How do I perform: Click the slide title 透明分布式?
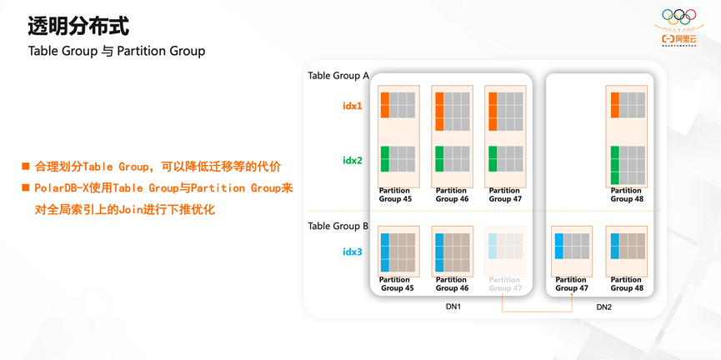78,26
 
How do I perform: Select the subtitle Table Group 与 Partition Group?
117,51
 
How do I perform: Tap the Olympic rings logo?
678,16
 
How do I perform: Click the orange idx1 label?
353,106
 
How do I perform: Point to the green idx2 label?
353,160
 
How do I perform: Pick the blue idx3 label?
353,252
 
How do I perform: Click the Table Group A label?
338,76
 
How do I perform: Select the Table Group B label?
338,226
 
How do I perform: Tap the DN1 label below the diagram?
453,307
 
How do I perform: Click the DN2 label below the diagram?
604,307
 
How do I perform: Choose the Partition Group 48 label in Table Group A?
627,194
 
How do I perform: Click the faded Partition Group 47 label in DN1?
505,284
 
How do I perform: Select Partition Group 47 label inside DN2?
571,284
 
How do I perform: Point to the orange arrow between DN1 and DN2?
537,310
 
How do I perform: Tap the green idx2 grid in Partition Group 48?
628,164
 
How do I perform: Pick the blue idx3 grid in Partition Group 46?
452,252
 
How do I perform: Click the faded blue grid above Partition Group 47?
505,247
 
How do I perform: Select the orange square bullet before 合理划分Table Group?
26,167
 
